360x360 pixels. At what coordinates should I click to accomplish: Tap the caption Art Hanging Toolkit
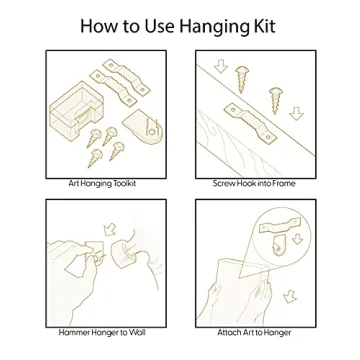click(102, 184)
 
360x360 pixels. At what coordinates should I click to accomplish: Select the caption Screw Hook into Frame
click(254, 183)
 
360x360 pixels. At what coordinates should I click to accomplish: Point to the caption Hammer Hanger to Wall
click(102, 332)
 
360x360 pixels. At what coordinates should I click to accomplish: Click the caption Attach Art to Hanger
click(254, 332)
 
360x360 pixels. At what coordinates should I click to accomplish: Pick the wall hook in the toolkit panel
click(144, 129)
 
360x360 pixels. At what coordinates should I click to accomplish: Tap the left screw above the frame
click(242, 79)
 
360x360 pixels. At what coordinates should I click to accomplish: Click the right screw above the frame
click(276, 100)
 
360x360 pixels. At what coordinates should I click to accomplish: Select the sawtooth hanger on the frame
click(251, 122)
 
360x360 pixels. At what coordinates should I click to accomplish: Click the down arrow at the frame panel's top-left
click(221, 66)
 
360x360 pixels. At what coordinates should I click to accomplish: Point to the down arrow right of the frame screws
click(296, 113)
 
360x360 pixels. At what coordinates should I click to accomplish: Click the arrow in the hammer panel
click(110, 229)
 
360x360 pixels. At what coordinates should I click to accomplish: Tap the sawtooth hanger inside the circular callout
click(280, 226)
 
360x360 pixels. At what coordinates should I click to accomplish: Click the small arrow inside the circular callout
click(297, 239)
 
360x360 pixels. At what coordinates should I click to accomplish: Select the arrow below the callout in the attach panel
click(290, 296)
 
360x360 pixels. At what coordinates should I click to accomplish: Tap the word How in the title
click(99, 26)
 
